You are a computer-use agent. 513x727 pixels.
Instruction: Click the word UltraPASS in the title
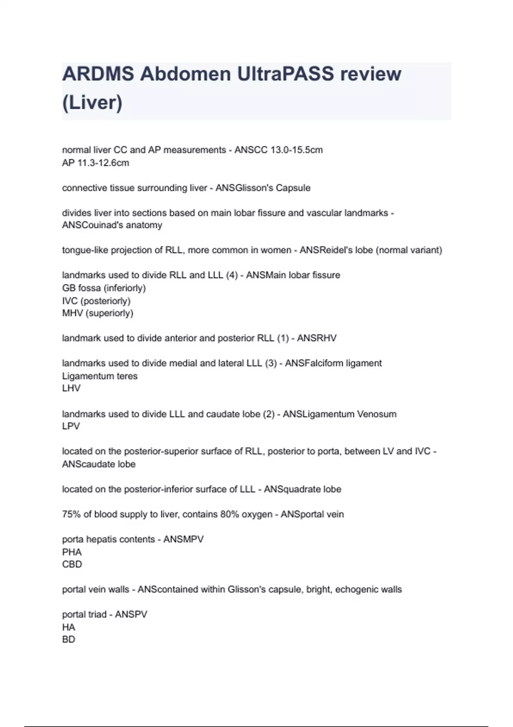(x=286, y=74)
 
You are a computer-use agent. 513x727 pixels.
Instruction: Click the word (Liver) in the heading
(x=92, y=103)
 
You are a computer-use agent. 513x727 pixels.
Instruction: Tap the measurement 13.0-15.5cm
(x=297, y=150)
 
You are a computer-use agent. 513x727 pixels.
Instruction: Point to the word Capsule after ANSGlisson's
(x=293, y=188)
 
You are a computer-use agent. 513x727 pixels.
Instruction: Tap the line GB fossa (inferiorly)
(x=104, y=288)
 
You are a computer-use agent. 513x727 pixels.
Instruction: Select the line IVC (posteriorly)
(x=96, y=301)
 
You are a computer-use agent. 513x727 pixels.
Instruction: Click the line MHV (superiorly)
(x=97, y=313)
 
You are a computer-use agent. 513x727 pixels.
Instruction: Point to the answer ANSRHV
(x=317, y=338)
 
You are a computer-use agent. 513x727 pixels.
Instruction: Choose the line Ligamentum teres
(x=100, y=376)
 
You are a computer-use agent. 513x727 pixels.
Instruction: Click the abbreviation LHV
(x=71, y=388)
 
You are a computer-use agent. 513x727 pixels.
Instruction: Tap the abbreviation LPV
(x=71, y=426)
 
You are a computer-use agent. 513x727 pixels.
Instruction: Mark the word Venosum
(x=377, y=414)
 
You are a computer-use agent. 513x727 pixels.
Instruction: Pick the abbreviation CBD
(x=72, y=564)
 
